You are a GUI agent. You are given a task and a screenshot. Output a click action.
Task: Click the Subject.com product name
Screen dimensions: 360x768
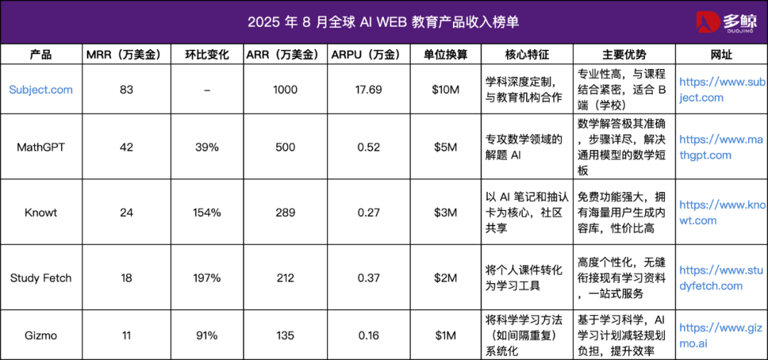(41, 90)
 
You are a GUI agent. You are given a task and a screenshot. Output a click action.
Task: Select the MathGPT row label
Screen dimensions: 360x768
(41, 147)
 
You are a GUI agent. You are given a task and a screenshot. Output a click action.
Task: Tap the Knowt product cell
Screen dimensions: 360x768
(41, 213)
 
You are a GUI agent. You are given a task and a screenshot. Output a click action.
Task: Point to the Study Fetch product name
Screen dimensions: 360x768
(41, 278)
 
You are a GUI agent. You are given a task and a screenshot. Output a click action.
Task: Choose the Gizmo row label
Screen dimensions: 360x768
(41, 336)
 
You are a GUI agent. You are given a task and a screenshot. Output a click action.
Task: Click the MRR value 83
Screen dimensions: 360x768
(127, 90)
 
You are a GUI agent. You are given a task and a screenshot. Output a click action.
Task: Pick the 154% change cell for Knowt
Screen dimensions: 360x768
(206, 213)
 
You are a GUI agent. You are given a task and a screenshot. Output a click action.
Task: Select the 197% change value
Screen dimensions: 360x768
(206, 278)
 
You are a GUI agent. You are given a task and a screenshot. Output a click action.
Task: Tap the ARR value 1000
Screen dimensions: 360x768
(285, 90)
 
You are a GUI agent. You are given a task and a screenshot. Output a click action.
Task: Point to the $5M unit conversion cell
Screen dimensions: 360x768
(445, 147)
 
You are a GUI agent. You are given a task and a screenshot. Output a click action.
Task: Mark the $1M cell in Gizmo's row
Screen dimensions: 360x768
(445, 336)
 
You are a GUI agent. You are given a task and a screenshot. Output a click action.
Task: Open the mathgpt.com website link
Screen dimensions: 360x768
(720, 147)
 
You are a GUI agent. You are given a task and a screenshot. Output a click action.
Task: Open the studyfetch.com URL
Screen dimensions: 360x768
(720, 278)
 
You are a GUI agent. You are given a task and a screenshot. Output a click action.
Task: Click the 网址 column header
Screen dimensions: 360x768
(721, 55)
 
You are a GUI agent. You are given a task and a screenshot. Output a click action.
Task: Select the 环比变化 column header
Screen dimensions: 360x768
(206, 55)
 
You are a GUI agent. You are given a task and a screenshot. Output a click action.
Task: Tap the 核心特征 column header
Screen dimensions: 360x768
(527, 55)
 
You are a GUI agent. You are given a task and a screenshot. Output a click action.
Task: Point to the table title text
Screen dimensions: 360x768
(383, 22)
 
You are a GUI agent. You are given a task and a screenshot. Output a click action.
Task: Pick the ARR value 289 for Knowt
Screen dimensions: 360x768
(285, 213)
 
